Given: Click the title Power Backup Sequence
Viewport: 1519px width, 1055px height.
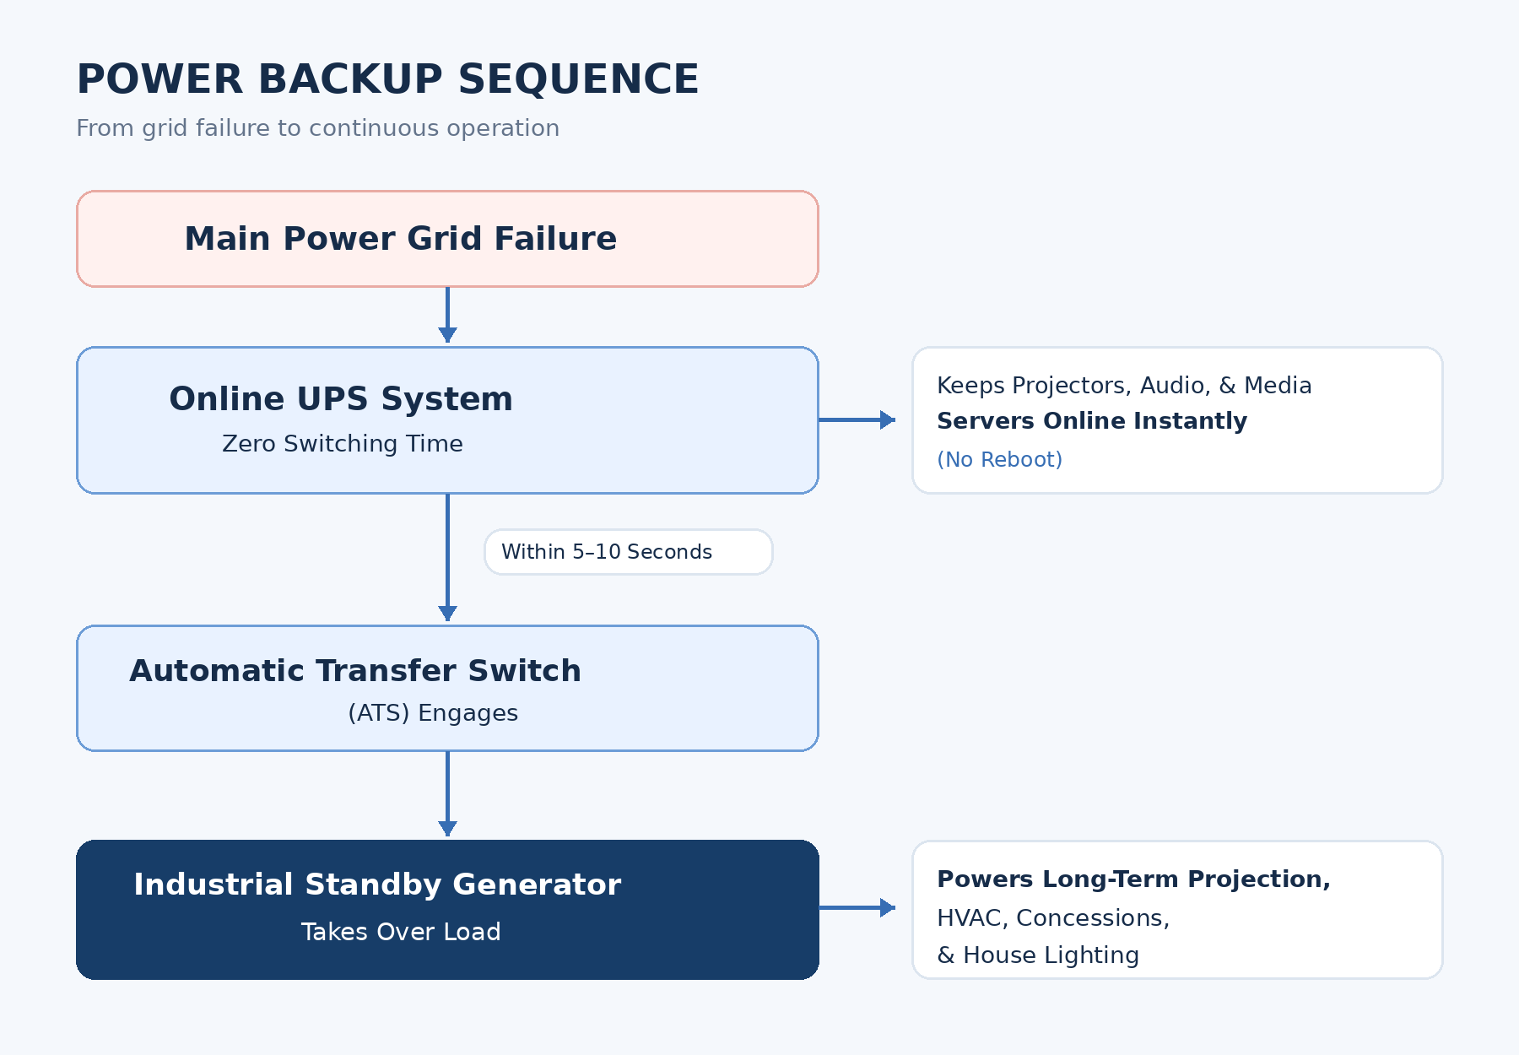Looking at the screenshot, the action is point(387,79).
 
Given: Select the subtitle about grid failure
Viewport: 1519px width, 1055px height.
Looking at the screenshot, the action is point(317,128).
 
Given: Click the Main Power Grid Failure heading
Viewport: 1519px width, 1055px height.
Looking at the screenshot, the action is point(401,239).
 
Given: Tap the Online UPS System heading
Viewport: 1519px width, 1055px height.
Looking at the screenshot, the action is point(341,398).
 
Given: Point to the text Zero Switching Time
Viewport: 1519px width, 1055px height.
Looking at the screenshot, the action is point(343,444).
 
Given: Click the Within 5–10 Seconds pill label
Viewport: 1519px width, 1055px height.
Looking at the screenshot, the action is point(607,552).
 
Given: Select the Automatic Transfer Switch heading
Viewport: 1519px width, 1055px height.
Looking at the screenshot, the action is point(355,671).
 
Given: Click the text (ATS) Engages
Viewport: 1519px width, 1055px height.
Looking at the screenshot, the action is point(433,713).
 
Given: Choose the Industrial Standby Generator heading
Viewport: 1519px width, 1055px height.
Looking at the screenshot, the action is point(377,885).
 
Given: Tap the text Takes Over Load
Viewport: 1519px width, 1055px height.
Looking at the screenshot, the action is point(401,932).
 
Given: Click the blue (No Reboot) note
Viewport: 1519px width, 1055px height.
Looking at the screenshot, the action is point(1000,460).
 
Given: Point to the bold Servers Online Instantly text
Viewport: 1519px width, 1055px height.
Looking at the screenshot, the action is point(1092,421).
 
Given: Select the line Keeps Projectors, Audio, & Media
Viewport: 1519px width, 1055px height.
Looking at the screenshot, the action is point(1124,386).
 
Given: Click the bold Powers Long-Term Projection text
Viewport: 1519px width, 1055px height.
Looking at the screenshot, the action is point(1133,879).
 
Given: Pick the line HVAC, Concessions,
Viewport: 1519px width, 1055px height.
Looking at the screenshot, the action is point(1053,918).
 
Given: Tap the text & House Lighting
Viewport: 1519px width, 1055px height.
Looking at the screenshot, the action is point(1038,955).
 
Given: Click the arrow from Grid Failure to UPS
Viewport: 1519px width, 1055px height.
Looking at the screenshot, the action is point(448,315).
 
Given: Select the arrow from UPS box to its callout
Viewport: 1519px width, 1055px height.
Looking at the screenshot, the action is point(857,419).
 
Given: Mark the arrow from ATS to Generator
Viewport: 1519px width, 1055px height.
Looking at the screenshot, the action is point(448,793).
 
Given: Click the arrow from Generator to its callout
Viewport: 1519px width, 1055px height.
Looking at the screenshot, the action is point(857,907).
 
